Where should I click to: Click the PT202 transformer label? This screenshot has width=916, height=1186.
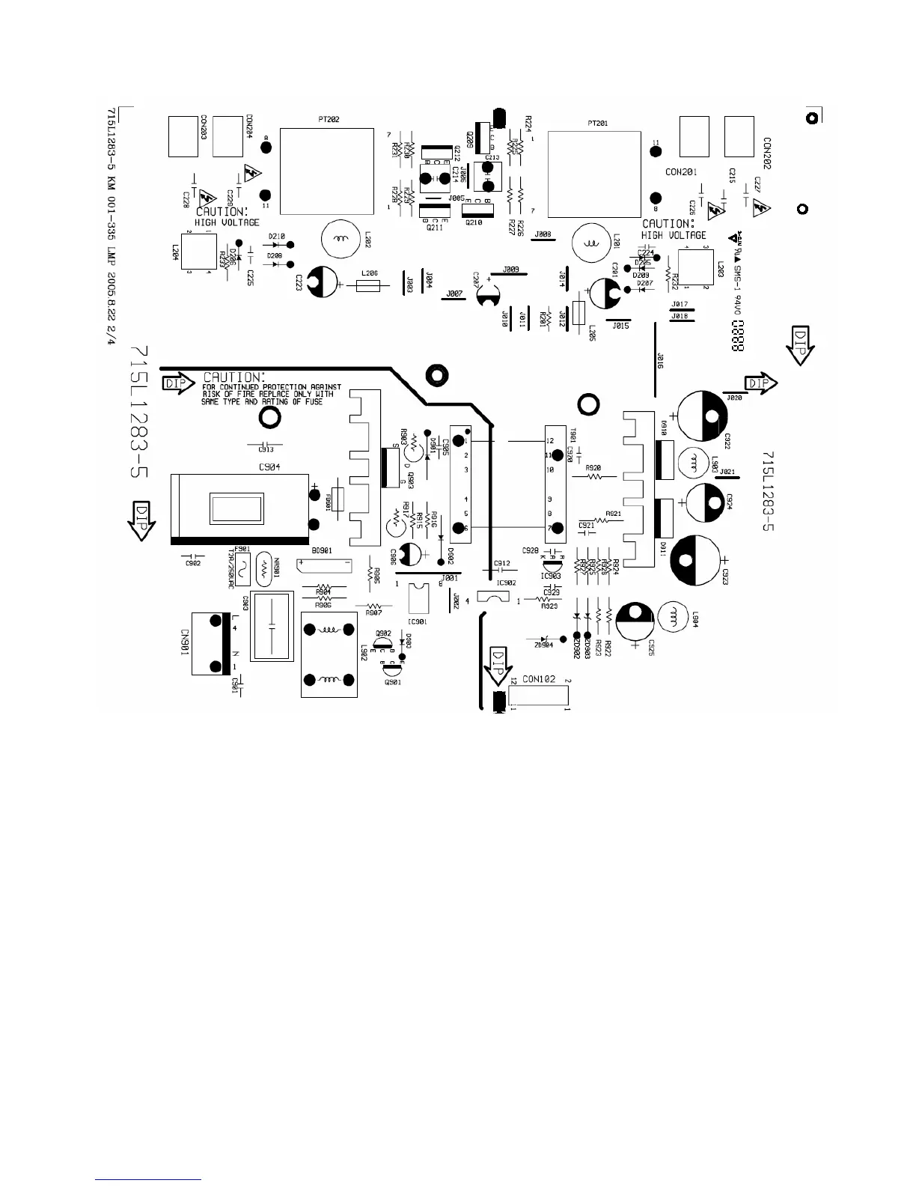point(329,120)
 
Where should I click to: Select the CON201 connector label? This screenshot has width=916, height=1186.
point(681,172)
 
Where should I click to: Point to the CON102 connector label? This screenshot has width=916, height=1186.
point(539,680)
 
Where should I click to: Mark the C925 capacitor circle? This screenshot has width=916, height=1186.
point(637,621)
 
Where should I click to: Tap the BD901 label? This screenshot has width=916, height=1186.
point(322,550)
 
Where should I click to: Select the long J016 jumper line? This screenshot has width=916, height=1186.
point(656,359)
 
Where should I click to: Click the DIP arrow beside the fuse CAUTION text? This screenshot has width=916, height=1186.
point(178,385)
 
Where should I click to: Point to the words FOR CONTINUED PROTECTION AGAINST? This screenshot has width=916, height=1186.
point(272,387)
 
